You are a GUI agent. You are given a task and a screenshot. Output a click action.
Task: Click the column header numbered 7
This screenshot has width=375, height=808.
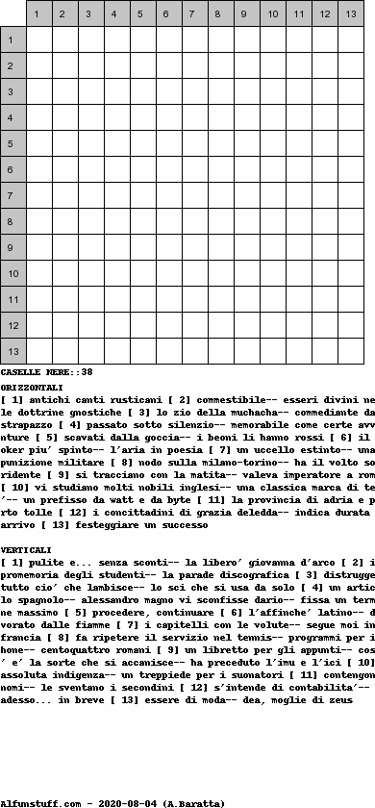194,14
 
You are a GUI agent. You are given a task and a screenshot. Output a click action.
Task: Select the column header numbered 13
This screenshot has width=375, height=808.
350,14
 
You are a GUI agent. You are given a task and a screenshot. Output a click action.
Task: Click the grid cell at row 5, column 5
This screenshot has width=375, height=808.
142,144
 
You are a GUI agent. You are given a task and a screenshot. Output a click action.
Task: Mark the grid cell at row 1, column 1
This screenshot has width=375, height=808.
38,40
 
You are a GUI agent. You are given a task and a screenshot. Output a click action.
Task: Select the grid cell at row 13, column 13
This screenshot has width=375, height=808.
350,352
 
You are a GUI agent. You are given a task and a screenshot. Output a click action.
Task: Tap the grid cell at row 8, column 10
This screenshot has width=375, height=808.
272,222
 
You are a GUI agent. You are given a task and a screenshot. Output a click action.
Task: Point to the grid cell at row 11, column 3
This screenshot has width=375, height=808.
90,300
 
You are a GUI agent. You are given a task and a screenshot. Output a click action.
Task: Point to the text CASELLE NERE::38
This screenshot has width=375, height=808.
46,371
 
